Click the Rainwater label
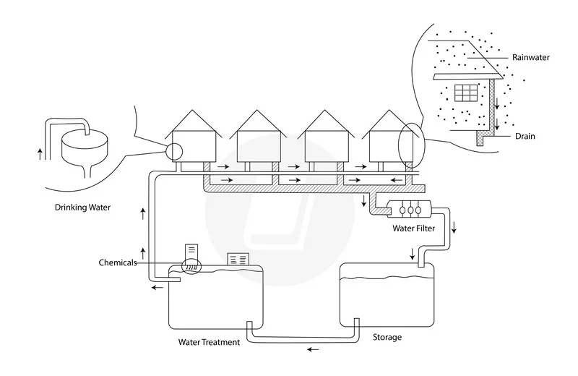(530, 57)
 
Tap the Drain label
(525, 136)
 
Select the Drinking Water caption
(82, 208)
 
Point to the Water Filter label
(413, 228)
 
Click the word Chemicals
(118, 262)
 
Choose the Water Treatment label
(209, 343)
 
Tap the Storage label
(387, 337)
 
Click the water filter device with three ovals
(409, 210)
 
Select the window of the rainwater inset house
(466, 93)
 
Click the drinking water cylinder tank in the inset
(85, 148)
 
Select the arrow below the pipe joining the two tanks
(314, 349)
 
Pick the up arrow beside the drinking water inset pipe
(40, 154)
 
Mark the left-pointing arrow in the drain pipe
(397, 180)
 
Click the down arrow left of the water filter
(364, 201)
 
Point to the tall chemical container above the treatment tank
(191, 253)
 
